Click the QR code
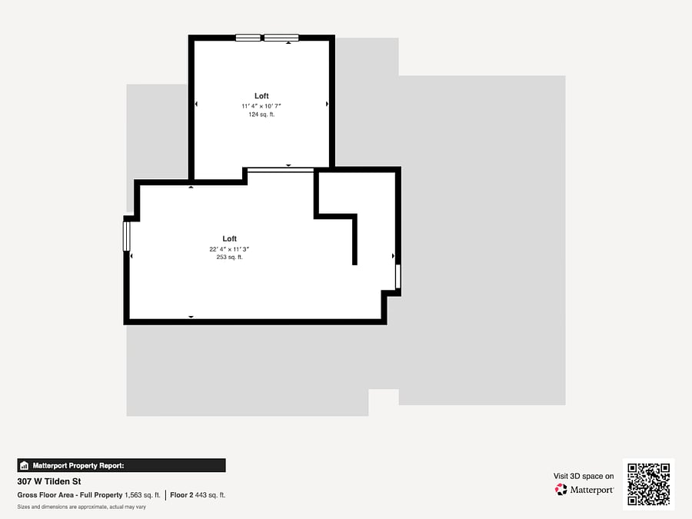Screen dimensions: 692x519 [x=648, y=484]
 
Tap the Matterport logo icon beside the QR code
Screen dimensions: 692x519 [x=561, y=490]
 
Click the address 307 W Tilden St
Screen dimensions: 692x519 [x=49, y=481]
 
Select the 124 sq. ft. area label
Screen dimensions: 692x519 [x=261, y=115]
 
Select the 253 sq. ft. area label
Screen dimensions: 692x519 [x=229, y=257]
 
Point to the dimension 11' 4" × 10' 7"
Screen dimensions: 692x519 [x=261, y=106]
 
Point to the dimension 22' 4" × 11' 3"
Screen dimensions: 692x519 [x=229, y=249]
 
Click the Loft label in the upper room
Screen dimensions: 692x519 [x=261, y=96]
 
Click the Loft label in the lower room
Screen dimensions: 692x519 [x=229, y=239]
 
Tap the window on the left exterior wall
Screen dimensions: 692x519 [x=127, y=236]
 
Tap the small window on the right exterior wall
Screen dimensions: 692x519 [x=398, y=276]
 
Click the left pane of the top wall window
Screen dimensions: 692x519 [x=248, y=38]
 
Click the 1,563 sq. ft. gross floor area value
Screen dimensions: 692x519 [x=142, y=495]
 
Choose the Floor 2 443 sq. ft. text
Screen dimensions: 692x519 [x=198, y=495]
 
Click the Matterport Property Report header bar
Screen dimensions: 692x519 [x=121, y=466]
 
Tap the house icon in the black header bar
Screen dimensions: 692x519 [x=25, y=466]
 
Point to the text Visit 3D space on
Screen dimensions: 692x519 [x=584, y=476]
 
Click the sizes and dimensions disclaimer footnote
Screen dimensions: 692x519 [x=82, y=507]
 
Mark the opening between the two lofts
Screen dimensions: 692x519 [x=280, y=169]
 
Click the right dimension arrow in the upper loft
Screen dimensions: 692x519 [x=327, y=104]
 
